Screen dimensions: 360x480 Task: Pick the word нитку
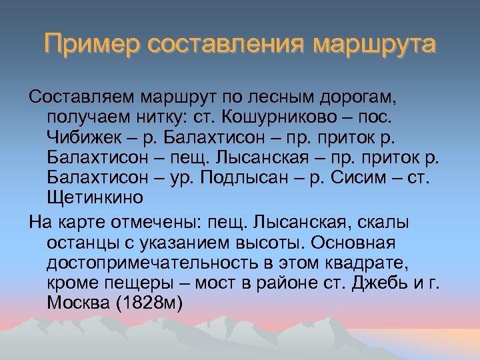click(147, 118)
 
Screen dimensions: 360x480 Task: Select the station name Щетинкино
click(95, 198)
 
